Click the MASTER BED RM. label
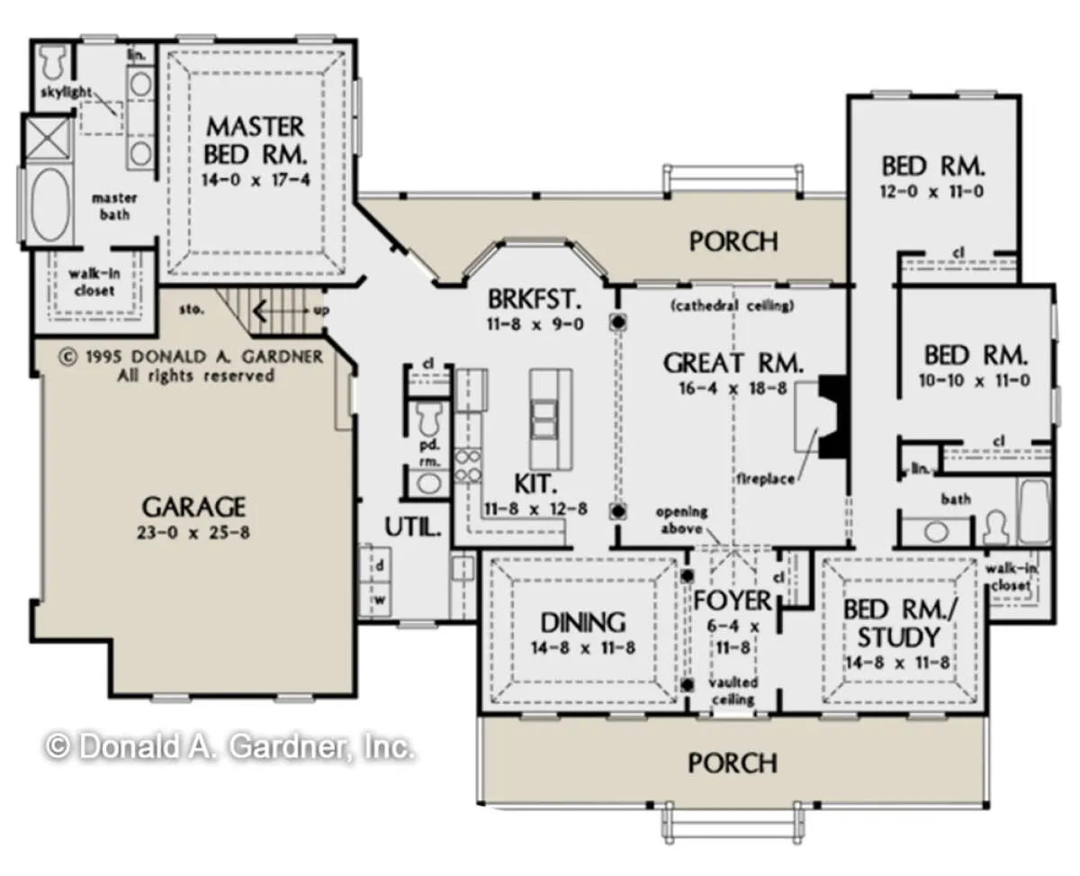(255, 140)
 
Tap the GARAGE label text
(193, 506)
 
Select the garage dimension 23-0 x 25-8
(193, 533)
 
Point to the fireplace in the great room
(822, 417)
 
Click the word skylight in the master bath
(66, 93)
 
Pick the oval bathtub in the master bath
(49, 204)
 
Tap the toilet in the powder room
(429, 418)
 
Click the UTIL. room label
(413, 527)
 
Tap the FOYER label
(733, 601)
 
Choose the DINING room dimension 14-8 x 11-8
(583, 647)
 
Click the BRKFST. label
(534, 299)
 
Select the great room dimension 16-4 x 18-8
(733, 389)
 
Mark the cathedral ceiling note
(733, 305)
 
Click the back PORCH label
(733, 241)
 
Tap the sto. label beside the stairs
(191, 309)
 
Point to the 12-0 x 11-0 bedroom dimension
(931, 192)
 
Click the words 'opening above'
(682, 519)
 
